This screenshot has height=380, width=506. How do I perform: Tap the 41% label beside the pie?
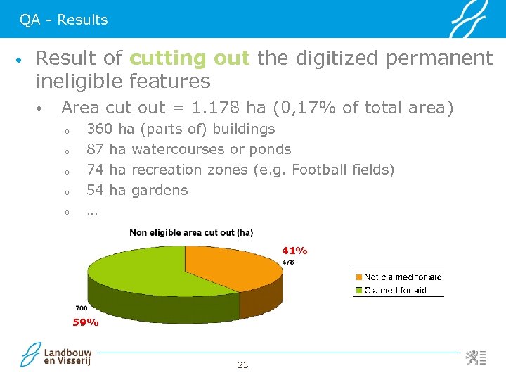[x=294, y=251]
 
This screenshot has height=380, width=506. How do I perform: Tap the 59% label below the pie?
[x=86, y=323]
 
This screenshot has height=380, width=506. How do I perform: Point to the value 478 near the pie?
[x=288, y=262]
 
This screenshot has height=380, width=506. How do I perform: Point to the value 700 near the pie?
[x=82, y=308]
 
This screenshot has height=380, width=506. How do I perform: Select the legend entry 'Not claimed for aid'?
[x=402, y=277]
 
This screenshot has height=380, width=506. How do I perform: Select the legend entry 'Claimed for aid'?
[x=394, y=290]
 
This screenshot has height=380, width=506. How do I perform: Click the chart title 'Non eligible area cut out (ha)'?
[x=191, y=232]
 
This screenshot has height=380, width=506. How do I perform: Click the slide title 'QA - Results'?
[x=64, y=20]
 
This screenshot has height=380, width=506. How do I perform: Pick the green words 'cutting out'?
[x=190, y=58]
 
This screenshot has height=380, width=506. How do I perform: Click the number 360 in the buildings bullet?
[x=99, y=129]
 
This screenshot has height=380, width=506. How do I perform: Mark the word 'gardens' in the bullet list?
[x=160, y=190]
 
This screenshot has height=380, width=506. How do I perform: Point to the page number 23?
[x=243, y=365]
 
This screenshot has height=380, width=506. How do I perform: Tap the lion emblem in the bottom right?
[x=472, y=357]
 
